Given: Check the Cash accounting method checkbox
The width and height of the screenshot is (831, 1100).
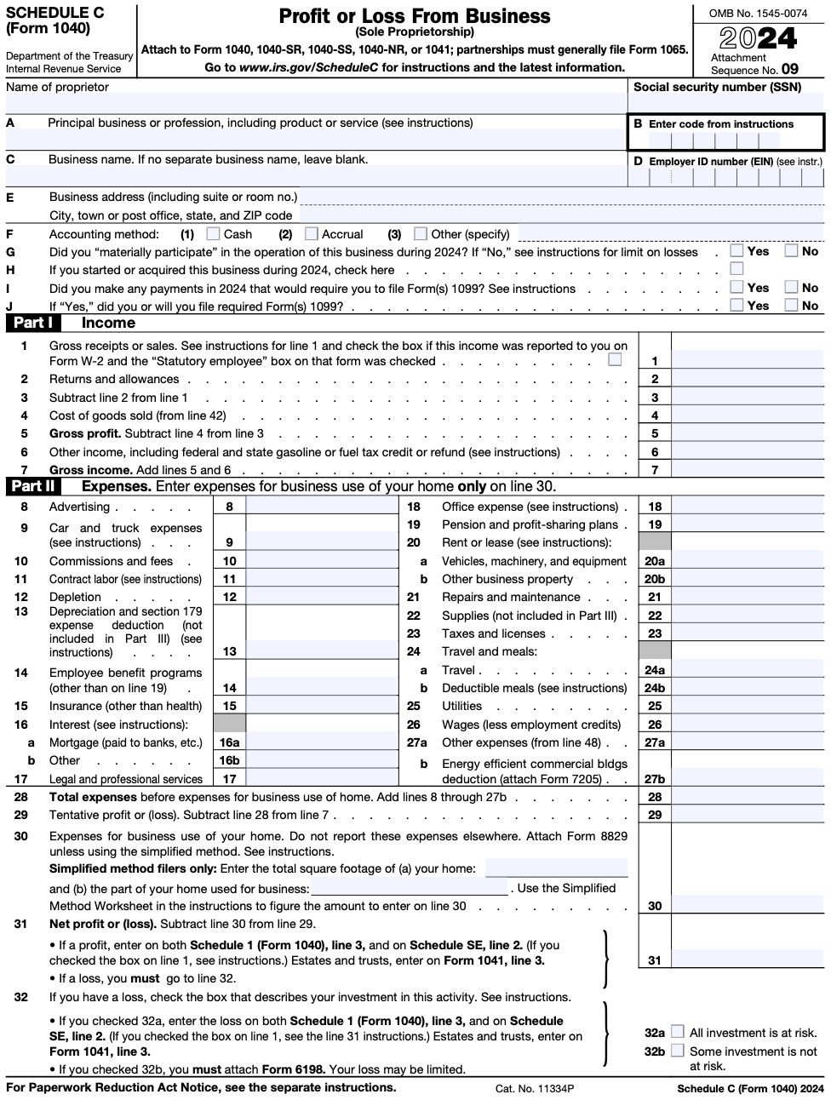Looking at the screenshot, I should coord(214,233).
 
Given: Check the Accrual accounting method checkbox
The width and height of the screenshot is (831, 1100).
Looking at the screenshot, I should coord(312,233).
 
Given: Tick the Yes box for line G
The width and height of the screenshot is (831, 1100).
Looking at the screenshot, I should coord(736,251).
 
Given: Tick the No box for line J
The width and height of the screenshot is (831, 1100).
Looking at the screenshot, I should coord(791,305).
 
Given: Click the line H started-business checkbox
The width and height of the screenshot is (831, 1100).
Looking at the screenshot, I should coord(736,269).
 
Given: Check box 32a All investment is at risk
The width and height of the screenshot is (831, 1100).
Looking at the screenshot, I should coord(677,1032).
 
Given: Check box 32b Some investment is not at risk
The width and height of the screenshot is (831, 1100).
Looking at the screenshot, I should coord(677,1051).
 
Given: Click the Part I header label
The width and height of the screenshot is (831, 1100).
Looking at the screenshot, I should coord(33,323).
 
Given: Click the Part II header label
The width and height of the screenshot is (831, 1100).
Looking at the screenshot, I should coord(33,486).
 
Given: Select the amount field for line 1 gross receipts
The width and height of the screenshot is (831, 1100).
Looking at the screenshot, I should coord(748,361).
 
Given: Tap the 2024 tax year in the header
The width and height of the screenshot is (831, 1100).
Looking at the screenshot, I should coord(758,38).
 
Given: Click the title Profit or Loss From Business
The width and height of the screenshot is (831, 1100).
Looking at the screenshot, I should coord(415,16).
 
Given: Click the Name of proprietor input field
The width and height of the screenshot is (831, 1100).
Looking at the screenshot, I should coord(315,104).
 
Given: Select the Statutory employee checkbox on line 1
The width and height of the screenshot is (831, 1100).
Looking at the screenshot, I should coord(615,360).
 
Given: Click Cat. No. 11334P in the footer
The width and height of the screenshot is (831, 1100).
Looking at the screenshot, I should coord(535,1088).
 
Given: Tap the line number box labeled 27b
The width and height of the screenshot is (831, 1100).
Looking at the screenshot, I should coord(654,779).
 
